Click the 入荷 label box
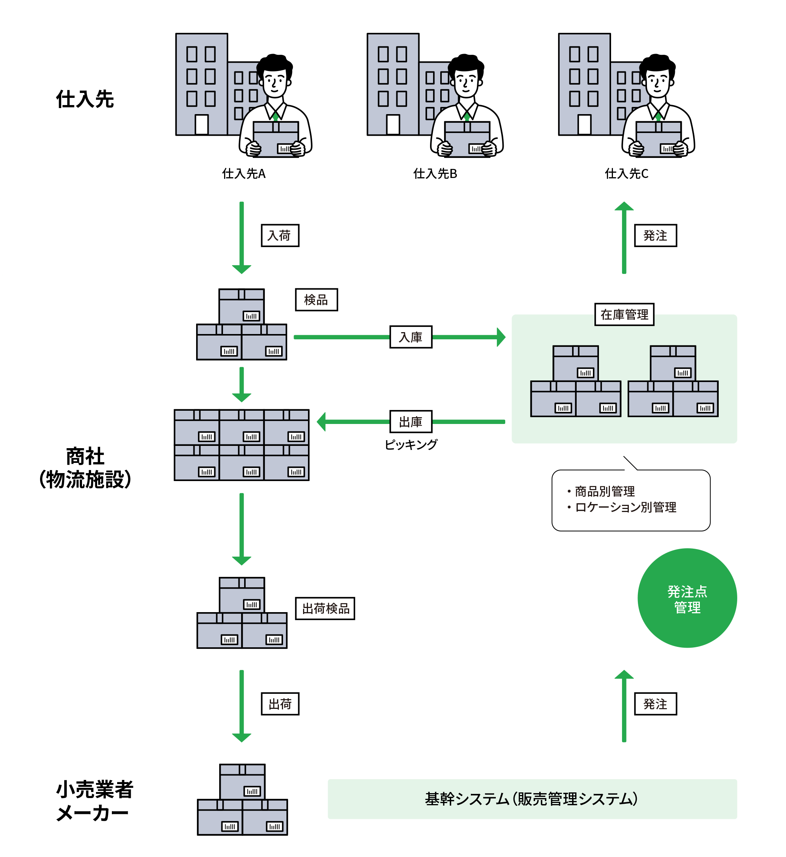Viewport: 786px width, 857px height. [280, 235]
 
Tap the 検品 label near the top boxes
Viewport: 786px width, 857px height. [316, 300]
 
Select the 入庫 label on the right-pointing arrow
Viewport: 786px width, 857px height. [411, 337]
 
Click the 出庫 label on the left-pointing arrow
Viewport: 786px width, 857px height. [411, 421]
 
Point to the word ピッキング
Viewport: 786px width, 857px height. [411, 444]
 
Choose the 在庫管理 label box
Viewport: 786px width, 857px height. [624, 314]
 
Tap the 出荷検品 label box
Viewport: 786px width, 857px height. [325, 608]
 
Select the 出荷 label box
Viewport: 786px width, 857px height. [280, 704]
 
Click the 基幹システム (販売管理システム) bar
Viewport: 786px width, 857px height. [532, 799]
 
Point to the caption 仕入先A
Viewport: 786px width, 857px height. [244, 173]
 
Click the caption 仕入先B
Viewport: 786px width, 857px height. [435, 173]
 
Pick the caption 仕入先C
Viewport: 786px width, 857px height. [627, 173]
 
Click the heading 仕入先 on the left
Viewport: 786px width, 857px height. [85, 99]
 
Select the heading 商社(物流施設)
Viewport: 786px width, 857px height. [85, 468]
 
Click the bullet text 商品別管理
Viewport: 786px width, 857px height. [604, 491]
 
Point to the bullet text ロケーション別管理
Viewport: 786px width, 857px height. [625, 507]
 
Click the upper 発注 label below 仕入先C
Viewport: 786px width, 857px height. [655, 235]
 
